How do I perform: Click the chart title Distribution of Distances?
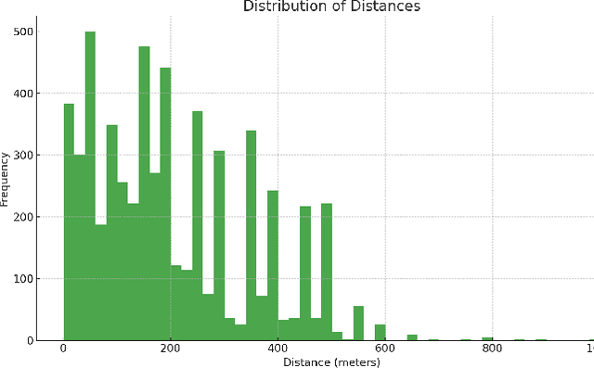coord(331,7)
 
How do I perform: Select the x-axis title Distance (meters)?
coord(331,362)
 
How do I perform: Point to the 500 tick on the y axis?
coord(24,32)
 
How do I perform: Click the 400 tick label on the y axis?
coord(24,94)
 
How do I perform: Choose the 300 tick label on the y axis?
coord(24,155)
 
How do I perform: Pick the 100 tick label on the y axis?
coord(24,278)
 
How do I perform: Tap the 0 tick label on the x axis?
coord(63,349)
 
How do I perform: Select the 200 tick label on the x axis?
coord(171,349)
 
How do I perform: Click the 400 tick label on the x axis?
coord(278,349)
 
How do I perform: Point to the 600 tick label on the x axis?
coord(386,349)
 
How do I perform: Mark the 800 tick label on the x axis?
coord(494,349)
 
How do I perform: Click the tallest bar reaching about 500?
coord(90,185)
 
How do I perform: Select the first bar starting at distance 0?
coord(69,222)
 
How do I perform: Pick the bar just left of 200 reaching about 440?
coord(165,204)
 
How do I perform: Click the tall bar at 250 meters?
coord(198,226)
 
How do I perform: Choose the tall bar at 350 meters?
coord(252,235)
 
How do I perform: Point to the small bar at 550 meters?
coord(358,324)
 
